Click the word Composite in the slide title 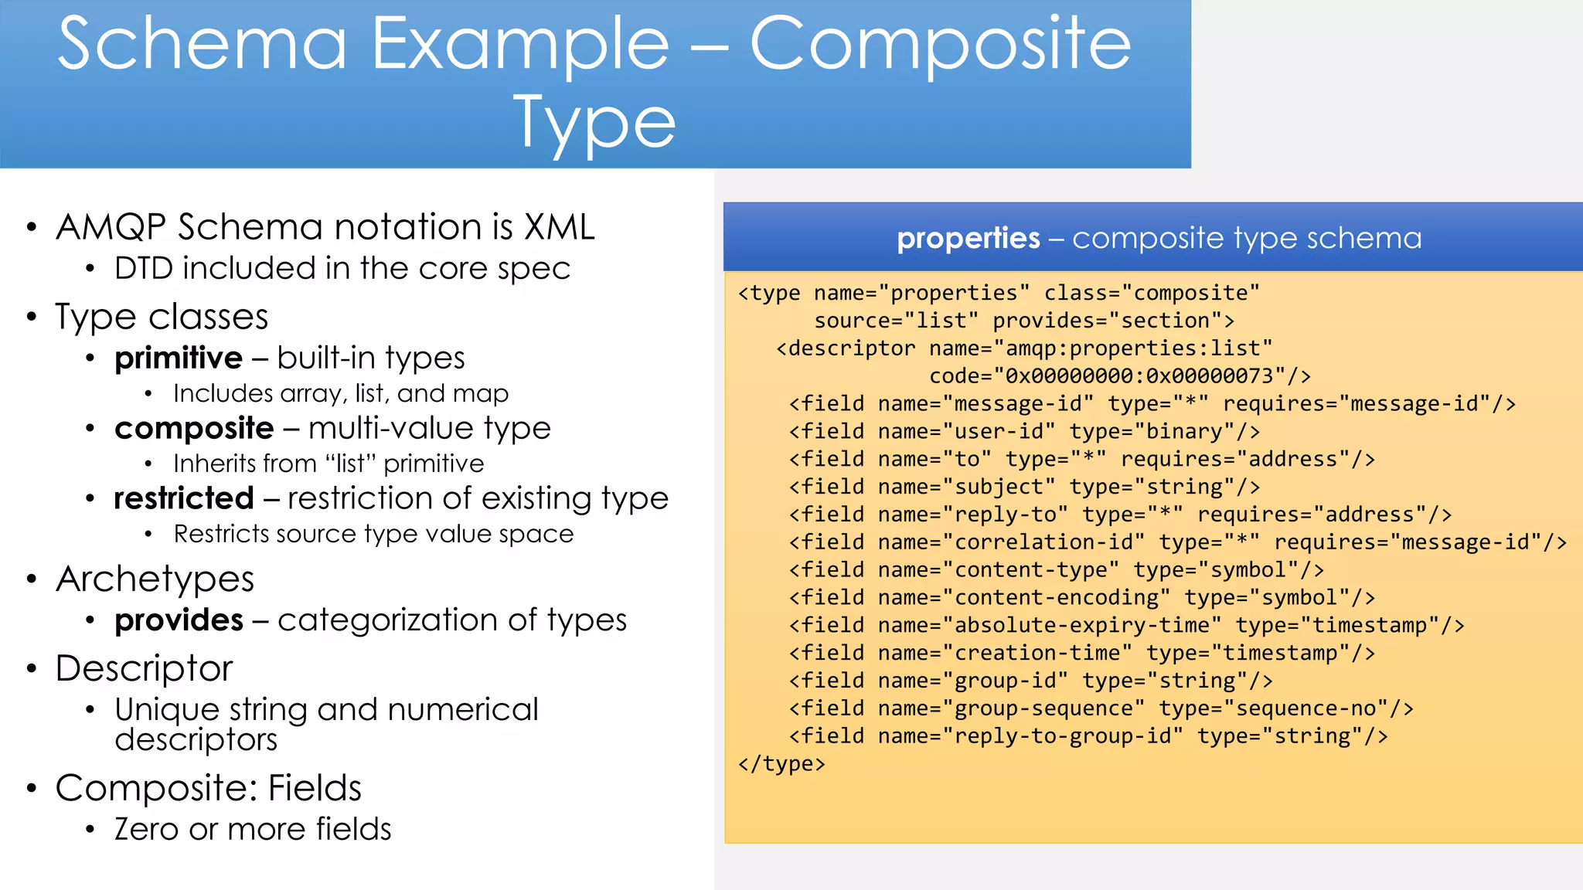939,45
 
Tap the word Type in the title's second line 594,124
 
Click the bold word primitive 179,358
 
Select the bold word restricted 184,498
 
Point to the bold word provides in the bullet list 179,620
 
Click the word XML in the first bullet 560,227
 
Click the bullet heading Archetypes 155,579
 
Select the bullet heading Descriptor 145,668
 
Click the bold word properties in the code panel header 968,238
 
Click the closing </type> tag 781,764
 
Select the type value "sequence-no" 1306,708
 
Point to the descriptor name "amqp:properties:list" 1132,348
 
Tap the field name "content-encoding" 1056,598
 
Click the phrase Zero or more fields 253,830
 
